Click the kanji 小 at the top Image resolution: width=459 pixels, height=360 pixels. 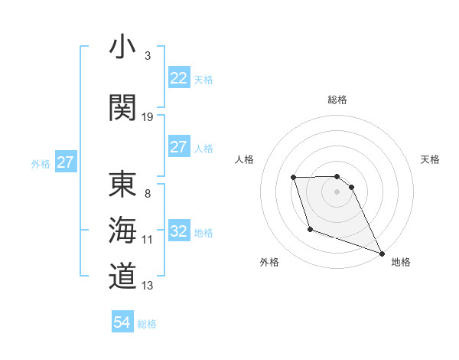tap(123, 47)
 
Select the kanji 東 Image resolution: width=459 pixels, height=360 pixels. tap(123, 185)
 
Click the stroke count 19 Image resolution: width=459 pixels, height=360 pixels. tap(148, 116)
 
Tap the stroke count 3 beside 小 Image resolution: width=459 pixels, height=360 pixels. tap(148, 56)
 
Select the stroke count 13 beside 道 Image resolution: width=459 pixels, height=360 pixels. tap(148, 286)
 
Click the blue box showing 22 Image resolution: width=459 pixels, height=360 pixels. tap(178, 77)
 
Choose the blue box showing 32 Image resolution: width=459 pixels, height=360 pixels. tap(178, 231)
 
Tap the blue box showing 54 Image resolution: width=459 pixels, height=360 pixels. tap(122, 322)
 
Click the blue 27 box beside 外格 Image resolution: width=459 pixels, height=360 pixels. tap(65, 162)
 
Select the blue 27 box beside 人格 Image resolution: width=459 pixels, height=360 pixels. tap(178, 147)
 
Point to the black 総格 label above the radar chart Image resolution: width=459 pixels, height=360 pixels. tap(337, 100)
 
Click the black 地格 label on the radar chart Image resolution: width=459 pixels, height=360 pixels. tap(401, 262)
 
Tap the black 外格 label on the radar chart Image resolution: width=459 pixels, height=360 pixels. tap(269, 262)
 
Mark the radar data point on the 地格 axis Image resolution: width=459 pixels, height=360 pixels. tap(382, 253)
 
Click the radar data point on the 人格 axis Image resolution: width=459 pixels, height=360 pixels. tap(294, 178)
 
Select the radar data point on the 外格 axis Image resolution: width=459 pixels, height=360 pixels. tap(310, 229)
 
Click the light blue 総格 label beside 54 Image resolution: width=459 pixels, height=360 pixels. tap(147, 323)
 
